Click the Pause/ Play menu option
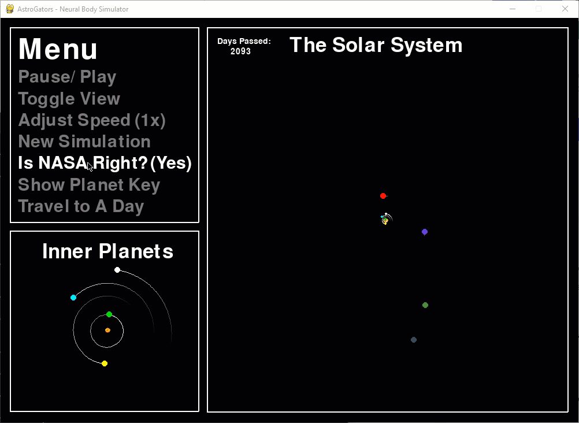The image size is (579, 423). pyautogui.click(x=67, y=77)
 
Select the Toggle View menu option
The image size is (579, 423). pyautogui.click(x=69, y=99)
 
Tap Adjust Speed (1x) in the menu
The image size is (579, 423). pyautogui.click(x=92, y=120)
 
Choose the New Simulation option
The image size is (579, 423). pyautogui.click(x=84, y=142)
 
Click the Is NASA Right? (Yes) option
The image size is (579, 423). pyautogui.click(x=105, y=163)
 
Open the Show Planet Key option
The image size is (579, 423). pyautogui.click(x=89, y=185)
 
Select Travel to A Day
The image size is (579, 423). pyautogui.click(x=81, y=206)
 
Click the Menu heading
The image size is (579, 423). pyautogui.click(x=58, y=49)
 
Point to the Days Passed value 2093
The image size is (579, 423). pyautogui.click(x=241, y=51)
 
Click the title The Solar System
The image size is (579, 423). pyautogui.click(x=376, y=45)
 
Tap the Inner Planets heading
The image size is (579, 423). pyautogui.click(x=108, y=251)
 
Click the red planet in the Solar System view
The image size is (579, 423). pyautogui.click(x=383, y=196)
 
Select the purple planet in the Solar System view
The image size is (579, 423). pyautogui.click(x=425, y=232)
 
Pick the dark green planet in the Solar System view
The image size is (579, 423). pyautogui.click(x=425, y=305)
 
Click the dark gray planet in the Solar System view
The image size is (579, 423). pyautogui.click(x=414, y=340)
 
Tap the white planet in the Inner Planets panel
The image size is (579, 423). pyautogui.click(x=117, y=270)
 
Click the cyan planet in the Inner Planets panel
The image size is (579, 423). pyautogui.click(x=73, y=298)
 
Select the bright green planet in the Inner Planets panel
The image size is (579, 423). pyautogui.click(x=109, y=314)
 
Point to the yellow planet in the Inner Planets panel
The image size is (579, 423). pyautogui.click(x=105, y=363)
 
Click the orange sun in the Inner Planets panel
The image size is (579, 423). pyautogui.click(x=107, y=331)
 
